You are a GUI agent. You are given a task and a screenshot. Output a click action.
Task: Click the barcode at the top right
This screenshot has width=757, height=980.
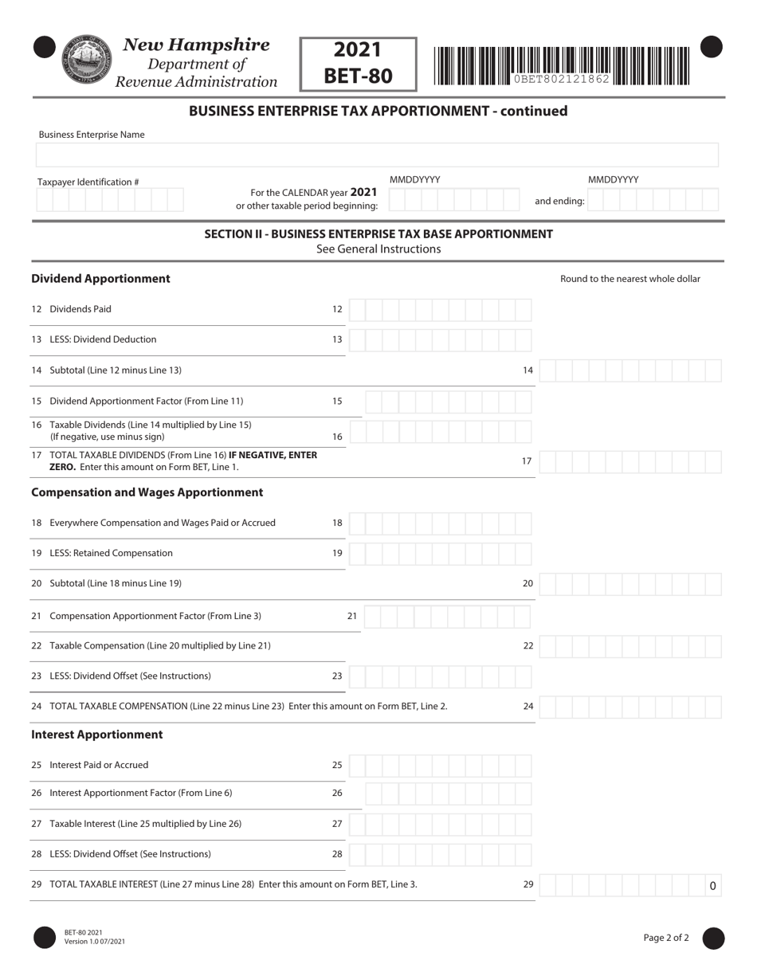pyautogui.click(x=562, y=65)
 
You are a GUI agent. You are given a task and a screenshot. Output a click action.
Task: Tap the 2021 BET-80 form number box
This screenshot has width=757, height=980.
pyautogui.click(x=358, y=64)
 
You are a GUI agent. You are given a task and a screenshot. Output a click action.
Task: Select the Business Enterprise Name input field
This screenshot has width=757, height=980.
pyautogui.click(x=377, y=155)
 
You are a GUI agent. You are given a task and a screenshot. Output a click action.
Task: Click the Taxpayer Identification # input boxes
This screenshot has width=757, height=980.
pyautogui.click(x=110, y=200)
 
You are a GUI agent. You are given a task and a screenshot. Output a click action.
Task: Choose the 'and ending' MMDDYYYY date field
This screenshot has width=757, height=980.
pyautogui.click(x=653, y=200)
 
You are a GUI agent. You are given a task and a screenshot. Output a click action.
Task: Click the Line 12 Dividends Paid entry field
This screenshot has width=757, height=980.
pyautogui.click(x=440, y=309)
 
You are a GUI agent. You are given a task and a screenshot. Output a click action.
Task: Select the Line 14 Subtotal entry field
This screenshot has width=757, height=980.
pyautogui.click(x=630, y=370)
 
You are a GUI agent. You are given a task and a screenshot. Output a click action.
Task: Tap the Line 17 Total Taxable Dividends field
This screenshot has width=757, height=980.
pyautogui.click(x=630, y=461)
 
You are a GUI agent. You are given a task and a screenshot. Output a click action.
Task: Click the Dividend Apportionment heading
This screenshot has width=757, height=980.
pyautogui.click(x=100, y=279)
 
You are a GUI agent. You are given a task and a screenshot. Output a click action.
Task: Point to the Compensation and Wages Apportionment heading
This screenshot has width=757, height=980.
pyautogui.click(x=147, y=492)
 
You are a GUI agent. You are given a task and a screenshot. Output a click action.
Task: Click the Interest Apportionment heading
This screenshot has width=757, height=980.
pyautogui.click(x=96, y=735)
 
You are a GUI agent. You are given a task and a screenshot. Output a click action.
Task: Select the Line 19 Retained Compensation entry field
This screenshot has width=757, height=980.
pyautogui.click(x=440, y=553)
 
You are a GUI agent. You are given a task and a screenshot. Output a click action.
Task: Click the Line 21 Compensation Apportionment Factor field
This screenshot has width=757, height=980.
pyautogui.click(x=448, y=616)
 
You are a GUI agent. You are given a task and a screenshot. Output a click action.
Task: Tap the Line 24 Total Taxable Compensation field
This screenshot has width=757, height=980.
pyautogui.click(x=630, y=707)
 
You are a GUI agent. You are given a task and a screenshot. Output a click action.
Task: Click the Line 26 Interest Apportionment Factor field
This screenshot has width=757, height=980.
pyautogui.click(x=448, y=794)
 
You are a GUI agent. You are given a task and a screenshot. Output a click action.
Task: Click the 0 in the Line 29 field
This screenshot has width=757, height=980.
pyautogui.click(x=712, y=885)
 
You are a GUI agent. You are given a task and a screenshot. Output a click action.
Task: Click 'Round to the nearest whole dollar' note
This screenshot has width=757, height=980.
pyautogui.click(x=630, y=279)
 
